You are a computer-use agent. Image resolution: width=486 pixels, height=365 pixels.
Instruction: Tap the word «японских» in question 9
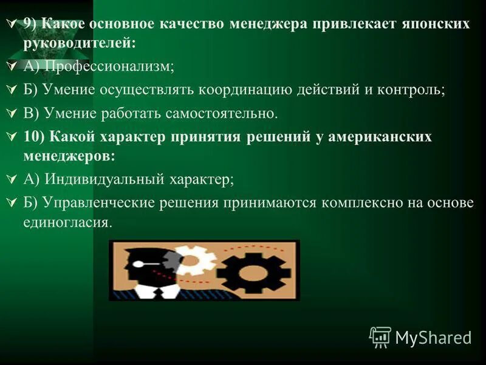436,24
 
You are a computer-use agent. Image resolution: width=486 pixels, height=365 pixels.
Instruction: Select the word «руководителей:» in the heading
80,43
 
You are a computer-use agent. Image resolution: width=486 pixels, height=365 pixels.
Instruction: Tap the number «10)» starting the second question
33,136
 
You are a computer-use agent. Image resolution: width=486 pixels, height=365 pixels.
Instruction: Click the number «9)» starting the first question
30,24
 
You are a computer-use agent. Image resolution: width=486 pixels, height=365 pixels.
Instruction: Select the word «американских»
381,136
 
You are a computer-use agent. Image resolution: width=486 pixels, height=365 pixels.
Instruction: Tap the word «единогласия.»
68,223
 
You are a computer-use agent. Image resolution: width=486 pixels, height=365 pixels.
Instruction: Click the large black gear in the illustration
255,270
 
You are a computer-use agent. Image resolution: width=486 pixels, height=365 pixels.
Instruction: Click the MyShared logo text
433,337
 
